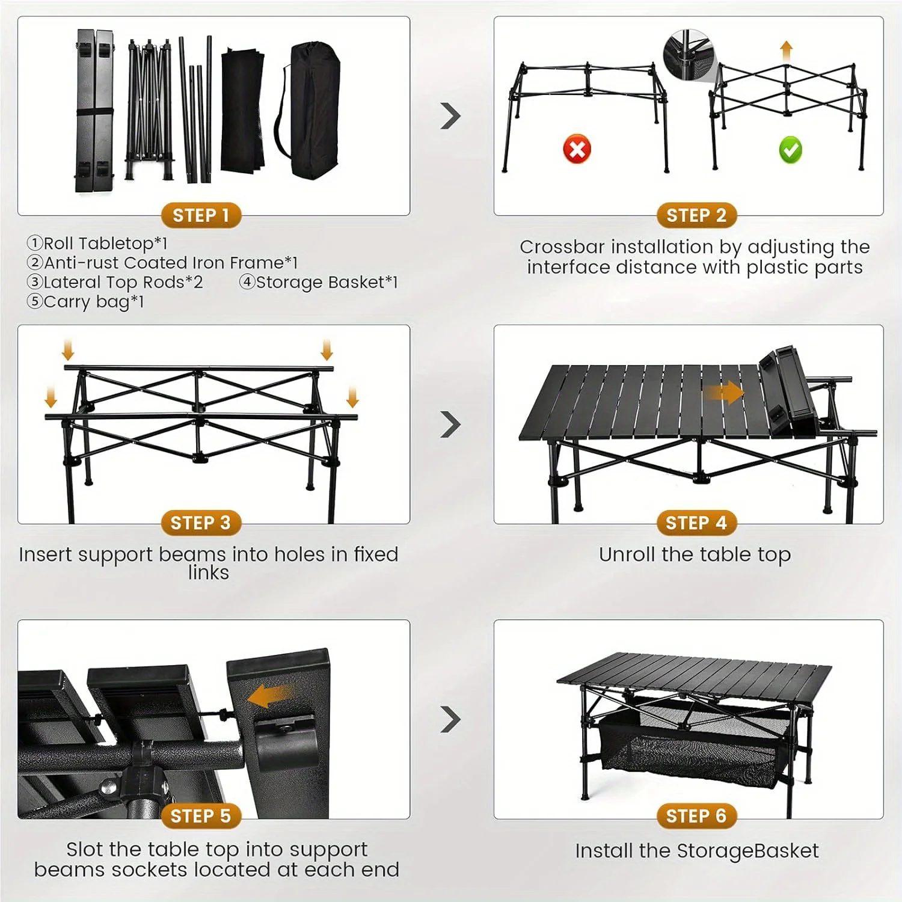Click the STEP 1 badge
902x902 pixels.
point(201,215)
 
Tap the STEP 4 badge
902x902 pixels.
point(696,523)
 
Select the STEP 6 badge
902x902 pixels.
point(696,816)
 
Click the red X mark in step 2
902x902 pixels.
point(577,149)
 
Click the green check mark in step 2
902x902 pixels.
point(790,150)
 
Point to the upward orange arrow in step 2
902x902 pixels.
point(786,51)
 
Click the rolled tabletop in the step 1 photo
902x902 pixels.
point(95,111)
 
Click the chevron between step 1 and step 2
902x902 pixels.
point(450,116)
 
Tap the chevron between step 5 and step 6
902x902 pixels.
point(450,719)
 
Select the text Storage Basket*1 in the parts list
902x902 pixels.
point(327,282)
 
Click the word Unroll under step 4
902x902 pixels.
point(627,554)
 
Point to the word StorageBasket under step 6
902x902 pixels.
point(747,851)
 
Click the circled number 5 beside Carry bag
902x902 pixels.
point(34,301)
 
